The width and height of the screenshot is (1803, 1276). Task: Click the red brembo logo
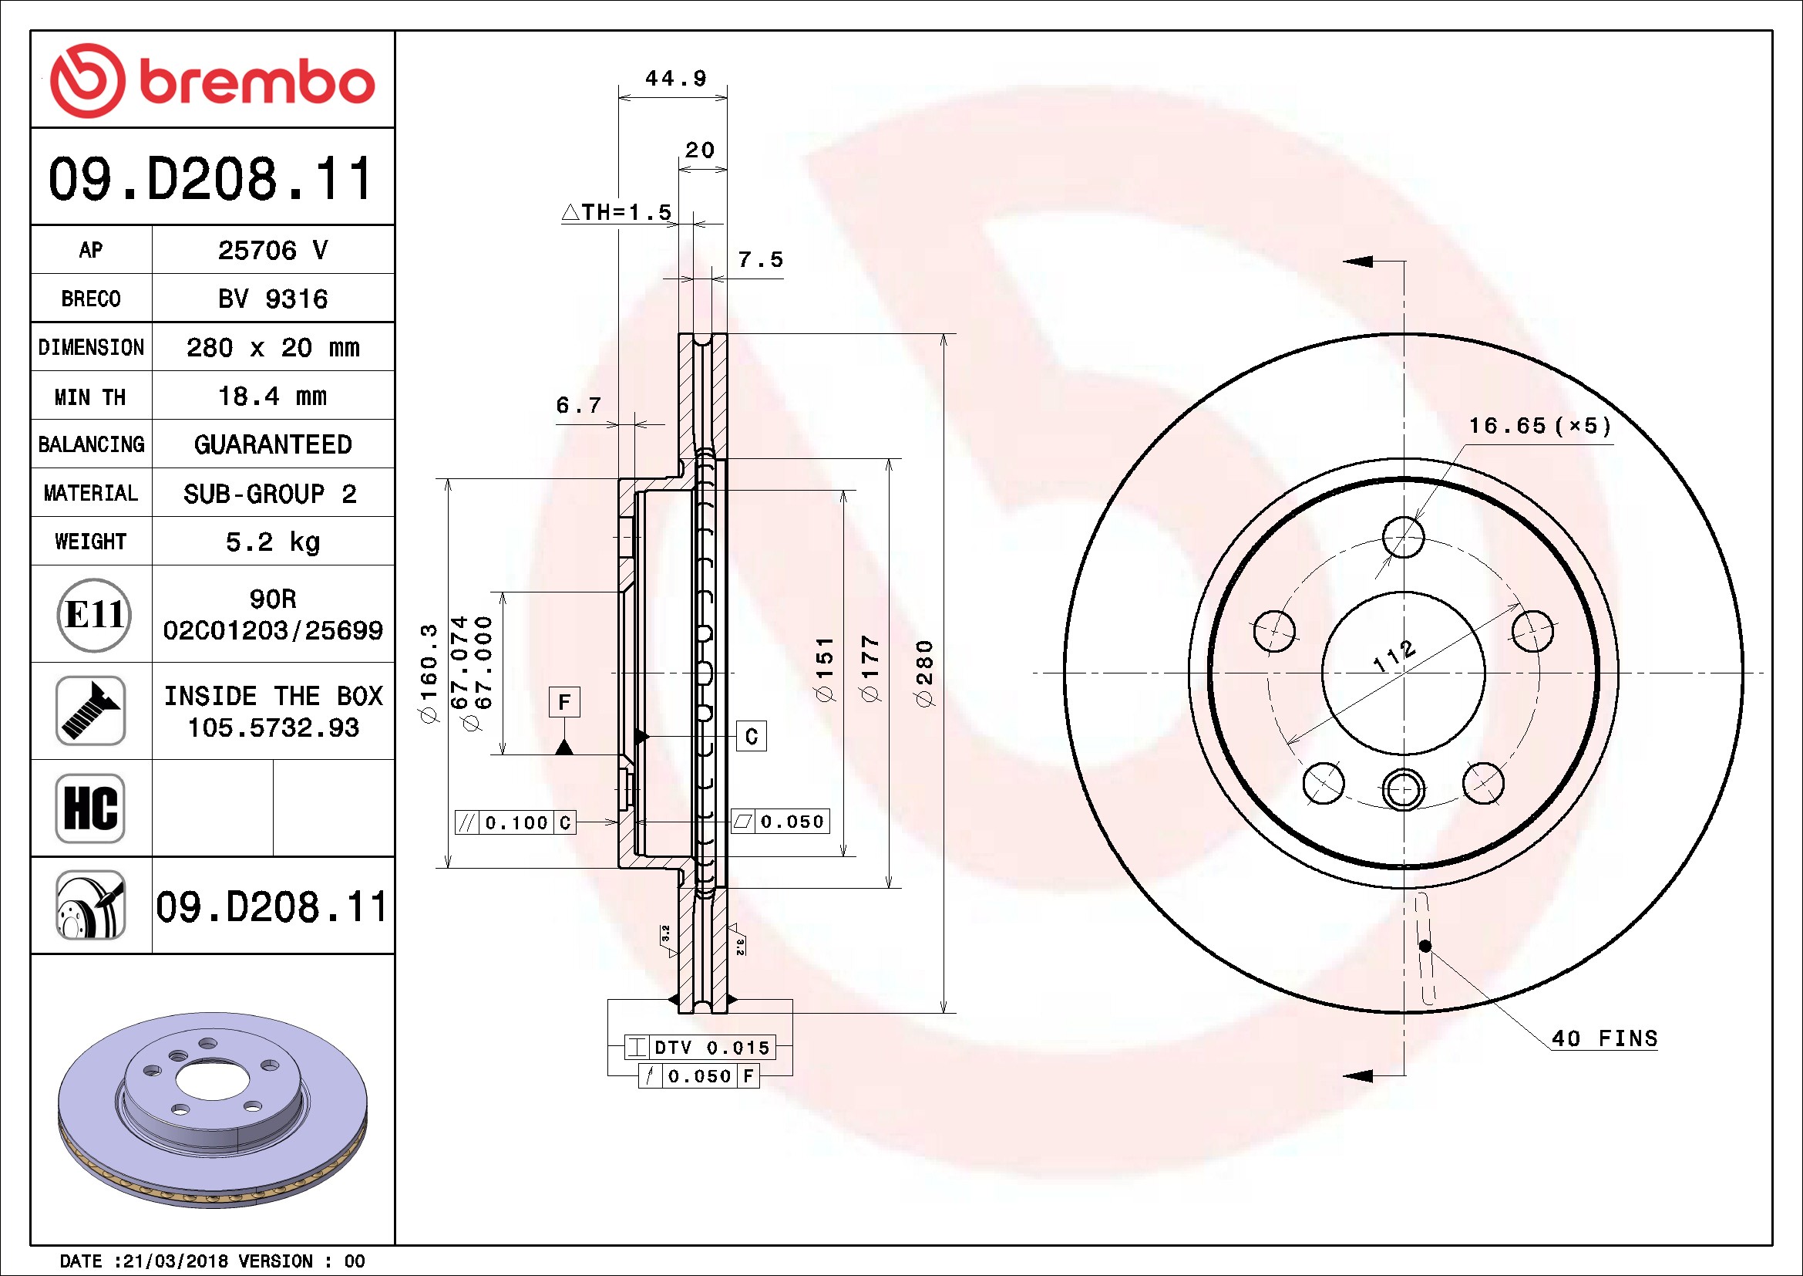tap(212, 81)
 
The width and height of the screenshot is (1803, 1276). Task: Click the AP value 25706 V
tap(272, 251)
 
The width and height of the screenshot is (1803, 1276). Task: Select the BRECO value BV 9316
tap(272, 299)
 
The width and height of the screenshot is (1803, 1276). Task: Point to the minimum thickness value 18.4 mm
tap(272, 396)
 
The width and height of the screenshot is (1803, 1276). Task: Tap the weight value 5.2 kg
tap(272, 542)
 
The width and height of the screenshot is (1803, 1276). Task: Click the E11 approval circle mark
tap(94, 615)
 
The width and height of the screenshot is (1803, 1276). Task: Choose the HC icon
tap(91, 808)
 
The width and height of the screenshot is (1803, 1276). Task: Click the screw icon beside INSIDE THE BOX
tap(91, 711)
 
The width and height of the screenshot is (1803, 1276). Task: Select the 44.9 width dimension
tap(675, 79)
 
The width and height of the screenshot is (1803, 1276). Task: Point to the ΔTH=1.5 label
tap(617, 212)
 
